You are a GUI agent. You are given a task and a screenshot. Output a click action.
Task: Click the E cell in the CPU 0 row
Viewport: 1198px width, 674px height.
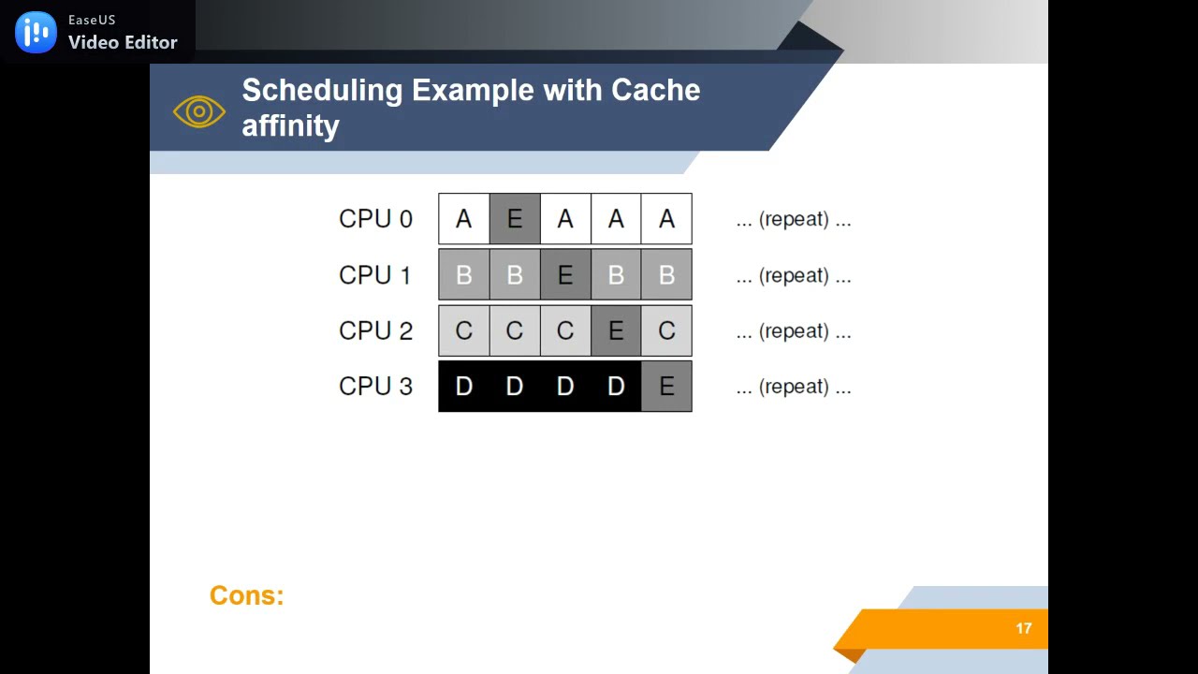[515, 219]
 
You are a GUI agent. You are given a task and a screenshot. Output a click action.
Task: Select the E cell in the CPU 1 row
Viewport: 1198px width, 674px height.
[565, 275]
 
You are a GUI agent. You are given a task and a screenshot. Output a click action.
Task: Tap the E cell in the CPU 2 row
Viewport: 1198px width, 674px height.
[616, 331]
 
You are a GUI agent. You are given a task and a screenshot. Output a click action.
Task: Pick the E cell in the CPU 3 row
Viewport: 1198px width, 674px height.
[666, 387]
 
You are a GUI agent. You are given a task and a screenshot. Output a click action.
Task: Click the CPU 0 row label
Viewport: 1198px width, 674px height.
[375, 219]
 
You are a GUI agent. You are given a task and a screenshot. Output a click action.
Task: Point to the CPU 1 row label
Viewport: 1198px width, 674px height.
[375, 275]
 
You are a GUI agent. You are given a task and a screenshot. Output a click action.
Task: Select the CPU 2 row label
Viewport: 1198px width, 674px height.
[375, 331]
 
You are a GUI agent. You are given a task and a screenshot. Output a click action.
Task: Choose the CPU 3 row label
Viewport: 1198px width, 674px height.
[375, 387]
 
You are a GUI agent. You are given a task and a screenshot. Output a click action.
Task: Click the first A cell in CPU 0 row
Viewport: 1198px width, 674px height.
[464, 219]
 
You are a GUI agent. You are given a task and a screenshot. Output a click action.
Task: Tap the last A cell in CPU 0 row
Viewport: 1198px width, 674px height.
[666, 219]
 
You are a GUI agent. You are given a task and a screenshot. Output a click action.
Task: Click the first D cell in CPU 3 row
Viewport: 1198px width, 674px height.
[464, 387]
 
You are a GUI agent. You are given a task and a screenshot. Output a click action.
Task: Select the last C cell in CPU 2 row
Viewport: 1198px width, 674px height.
[666, 331]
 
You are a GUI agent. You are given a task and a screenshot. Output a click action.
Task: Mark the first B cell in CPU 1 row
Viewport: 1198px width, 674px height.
[464, 275]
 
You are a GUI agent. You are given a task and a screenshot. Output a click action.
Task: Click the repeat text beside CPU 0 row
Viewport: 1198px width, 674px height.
[793, 219]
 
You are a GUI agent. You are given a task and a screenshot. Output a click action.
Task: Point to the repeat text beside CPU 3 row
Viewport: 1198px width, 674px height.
[793, 387]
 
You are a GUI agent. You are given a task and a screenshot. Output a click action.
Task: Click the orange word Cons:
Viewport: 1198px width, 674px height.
[246, 595]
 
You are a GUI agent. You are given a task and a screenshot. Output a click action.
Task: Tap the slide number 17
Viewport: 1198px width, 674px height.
[1024, 629]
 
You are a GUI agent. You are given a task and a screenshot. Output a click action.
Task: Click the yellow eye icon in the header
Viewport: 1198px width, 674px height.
[198, 112]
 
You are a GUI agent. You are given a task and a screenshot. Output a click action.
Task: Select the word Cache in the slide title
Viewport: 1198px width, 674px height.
[655, 90]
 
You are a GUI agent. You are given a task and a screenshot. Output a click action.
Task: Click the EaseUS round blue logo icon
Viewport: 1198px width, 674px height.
[36, 33]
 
